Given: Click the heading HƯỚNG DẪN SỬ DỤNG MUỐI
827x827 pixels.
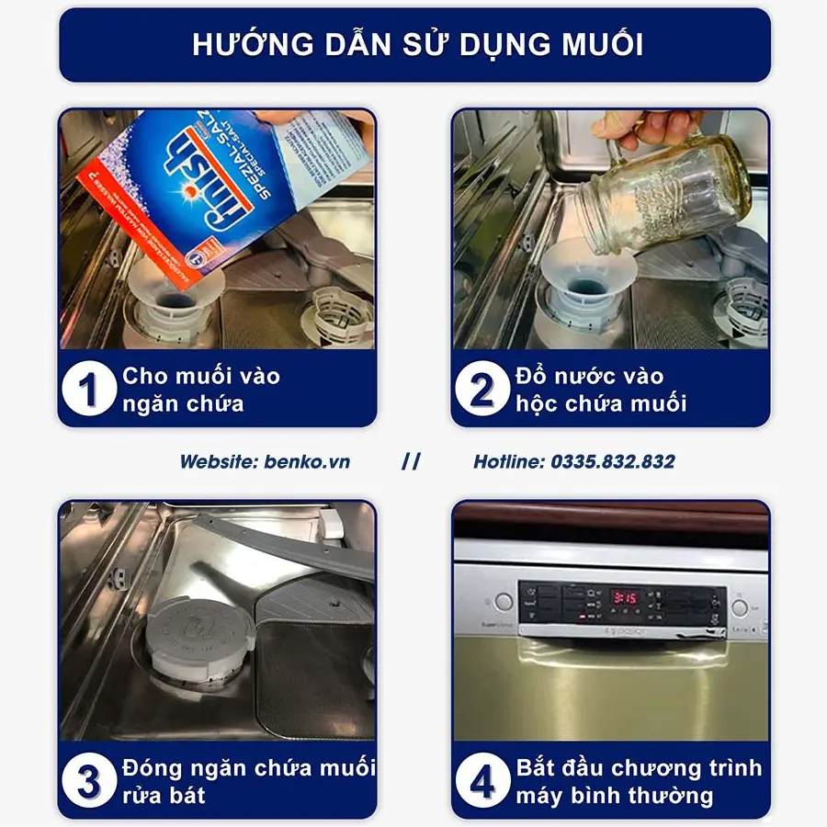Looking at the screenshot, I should [x=415, y=45].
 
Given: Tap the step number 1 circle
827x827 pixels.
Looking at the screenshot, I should [x=90, y=390].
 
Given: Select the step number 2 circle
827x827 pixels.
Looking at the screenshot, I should [x=481, y=390].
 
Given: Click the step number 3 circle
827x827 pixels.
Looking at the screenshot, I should [x=90, y=781].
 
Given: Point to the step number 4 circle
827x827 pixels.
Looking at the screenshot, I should [x=481, y=781].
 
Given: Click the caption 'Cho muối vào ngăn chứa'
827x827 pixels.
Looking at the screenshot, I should [x=201, y=390].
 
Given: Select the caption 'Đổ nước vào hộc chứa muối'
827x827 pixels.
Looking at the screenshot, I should [x=601, y=390].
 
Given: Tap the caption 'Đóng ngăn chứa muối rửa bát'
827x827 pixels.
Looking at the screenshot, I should [x=248, y=781].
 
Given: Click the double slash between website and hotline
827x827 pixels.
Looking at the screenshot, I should [x=411, y=461].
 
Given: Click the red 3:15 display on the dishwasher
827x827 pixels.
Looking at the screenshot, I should [x=627, y=597].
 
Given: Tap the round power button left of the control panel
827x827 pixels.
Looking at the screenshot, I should [x=503, y=603].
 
